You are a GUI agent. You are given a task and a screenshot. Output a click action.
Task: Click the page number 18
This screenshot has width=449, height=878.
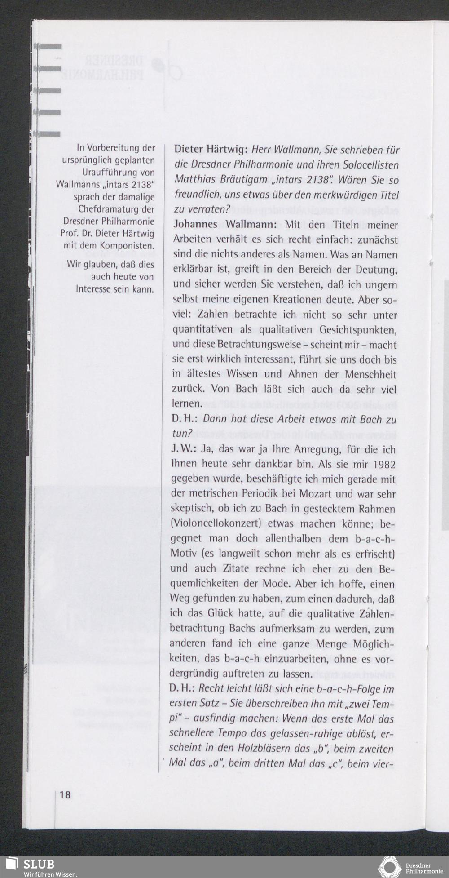click(65, 795)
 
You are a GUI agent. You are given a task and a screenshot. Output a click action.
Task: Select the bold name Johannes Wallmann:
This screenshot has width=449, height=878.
click(224, 225)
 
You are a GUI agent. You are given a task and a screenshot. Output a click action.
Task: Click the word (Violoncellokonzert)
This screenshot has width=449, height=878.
click(216, 524)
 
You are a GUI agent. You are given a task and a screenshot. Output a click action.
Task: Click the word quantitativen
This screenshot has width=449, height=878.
click(203, 330)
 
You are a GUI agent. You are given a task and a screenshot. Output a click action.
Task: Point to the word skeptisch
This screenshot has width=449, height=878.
click(191, 509)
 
